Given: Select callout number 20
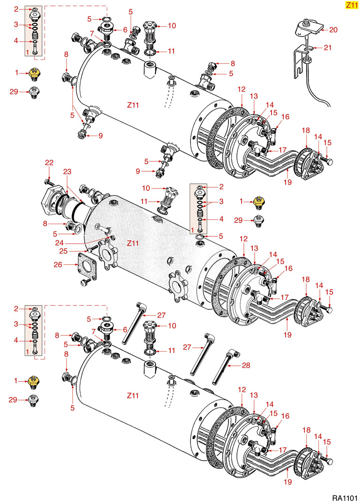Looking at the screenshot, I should (333, 29).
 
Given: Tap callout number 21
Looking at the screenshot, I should (327, 48).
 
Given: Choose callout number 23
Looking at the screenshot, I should (66, 171).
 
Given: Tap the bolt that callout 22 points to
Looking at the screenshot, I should (49, 181).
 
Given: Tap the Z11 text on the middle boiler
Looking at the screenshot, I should (133, 243).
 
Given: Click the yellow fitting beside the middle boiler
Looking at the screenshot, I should (257, 202).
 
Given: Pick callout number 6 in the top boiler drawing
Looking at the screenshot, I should (125, 29).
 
